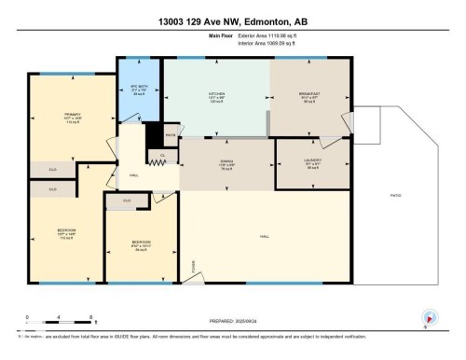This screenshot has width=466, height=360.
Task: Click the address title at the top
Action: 232,20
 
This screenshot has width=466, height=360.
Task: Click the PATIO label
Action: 398,196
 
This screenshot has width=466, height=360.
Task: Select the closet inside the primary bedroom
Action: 52,170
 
